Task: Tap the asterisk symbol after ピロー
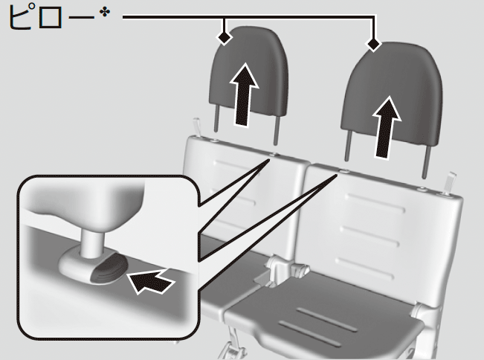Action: tap(105, 13)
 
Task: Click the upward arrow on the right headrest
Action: tap(387, 127)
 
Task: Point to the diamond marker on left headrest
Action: tap(225, 38)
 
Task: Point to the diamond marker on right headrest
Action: tap(373, 44)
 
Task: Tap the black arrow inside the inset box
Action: tap(150, 280)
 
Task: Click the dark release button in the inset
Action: tap(109, 268)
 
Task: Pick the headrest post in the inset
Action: tap(92, 244)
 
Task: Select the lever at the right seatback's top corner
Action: tap(449, 183)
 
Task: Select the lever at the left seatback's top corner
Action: tap(196, 126)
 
